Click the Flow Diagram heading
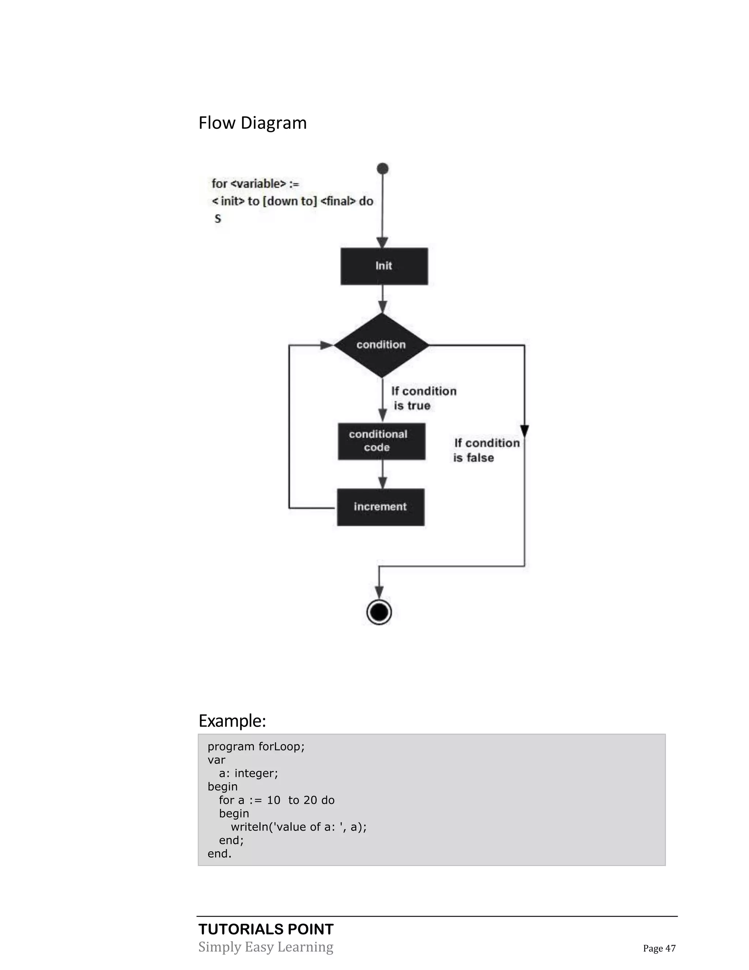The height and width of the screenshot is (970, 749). click(252, 123)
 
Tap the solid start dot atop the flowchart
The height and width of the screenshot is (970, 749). click(383, 169)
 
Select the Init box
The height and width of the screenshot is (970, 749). click(384, 266)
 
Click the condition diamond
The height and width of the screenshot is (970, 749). click(381, 345)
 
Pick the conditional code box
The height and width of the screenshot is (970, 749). click(381, 441)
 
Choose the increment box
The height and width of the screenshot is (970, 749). click(380, 507)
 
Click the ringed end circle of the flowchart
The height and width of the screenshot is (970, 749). click(379, 612)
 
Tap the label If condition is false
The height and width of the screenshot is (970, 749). click(486, 450)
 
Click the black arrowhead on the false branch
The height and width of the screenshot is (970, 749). click(524, 430)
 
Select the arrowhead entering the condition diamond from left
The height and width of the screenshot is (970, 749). click(327, 345)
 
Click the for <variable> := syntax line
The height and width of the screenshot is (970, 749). click(255, 183)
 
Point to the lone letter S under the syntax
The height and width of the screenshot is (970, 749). click(218, 219)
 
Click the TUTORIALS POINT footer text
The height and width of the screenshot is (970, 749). click(266, 929)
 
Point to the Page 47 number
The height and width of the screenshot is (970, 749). click(659, 948)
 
